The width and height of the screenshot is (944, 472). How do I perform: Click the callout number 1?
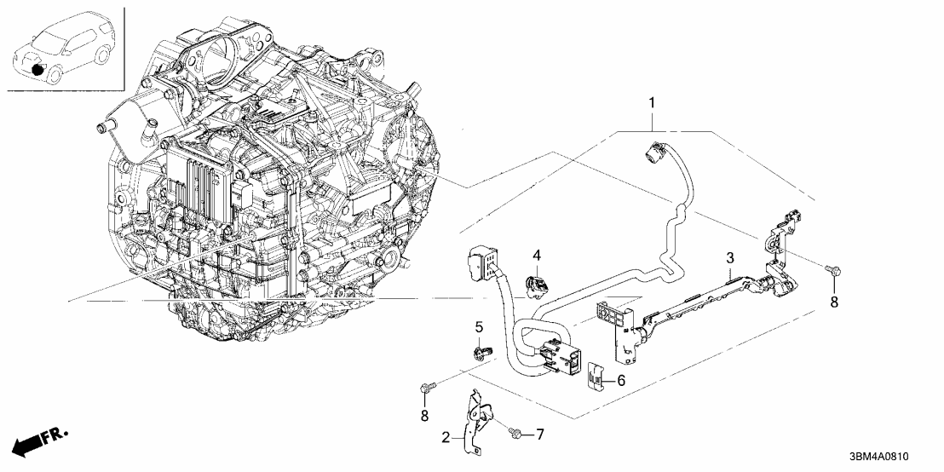pyautogui.click(x=653, y=105)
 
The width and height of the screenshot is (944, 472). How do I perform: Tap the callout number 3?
pyautogui.click(x=730, y=257)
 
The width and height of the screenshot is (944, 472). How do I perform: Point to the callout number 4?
pyautogui.click(x=538, y=255)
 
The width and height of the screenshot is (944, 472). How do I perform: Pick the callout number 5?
pyautogui.click(x=479, y=326)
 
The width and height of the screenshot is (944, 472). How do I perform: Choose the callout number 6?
pyautogui.click(x=621, y=382)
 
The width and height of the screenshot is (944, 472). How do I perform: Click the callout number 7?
pyautogui.click(x=538, y=435)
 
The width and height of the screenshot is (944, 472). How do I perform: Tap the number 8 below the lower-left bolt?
pyautogui.click(x=425, y=415)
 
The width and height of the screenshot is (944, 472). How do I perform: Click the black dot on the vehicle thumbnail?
pyautogui.click(x=37, y=68)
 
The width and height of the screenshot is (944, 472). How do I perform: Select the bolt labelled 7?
pyautogui.click(x=515, y=434)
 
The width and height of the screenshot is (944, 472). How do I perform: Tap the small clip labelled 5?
pyautogui.click(x=479, y=351)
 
